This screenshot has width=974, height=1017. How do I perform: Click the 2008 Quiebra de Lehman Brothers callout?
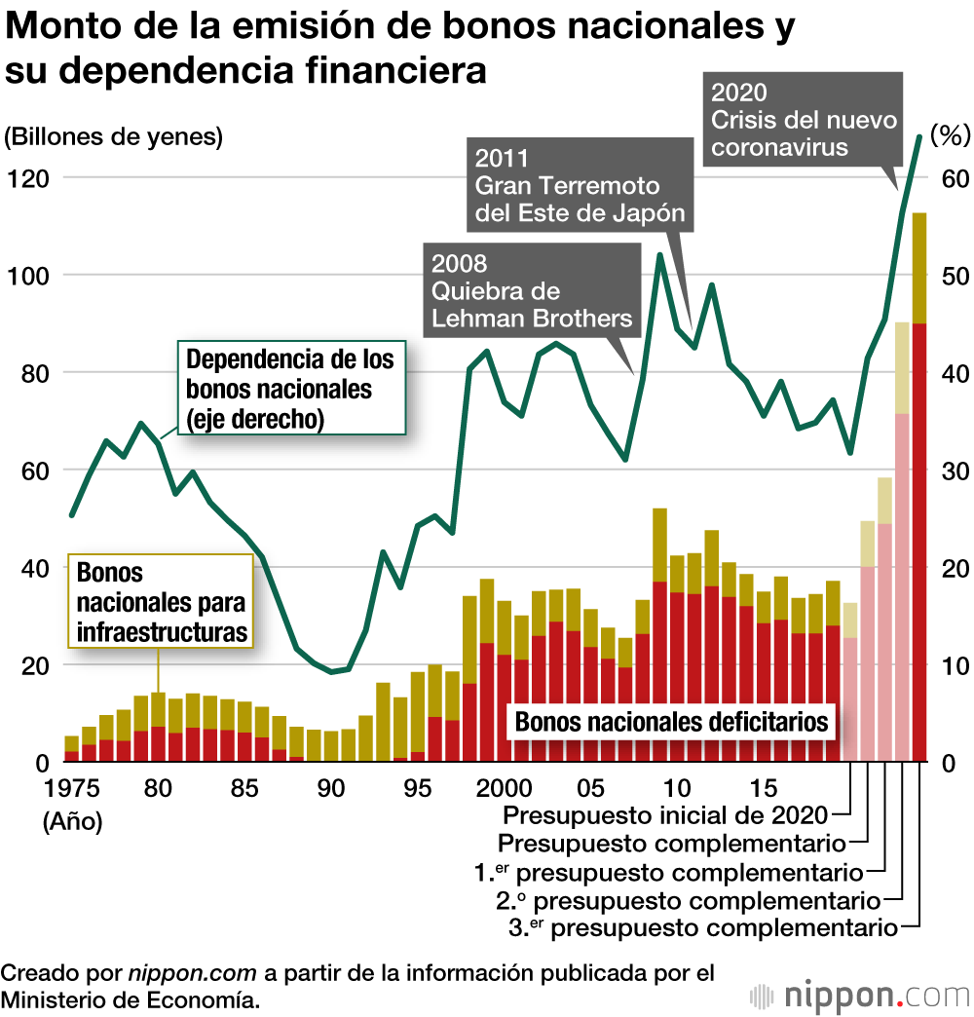(x=531, y=291)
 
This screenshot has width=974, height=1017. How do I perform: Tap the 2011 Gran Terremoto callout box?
(x=580, y=185)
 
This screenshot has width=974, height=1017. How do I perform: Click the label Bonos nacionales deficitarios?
(x=671, y=722)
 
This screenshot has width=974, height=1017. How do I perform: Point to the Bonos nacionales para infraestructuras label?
(x=162, y=602)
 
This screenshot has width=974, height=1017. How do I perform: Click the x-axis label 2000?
(x=505, y=787)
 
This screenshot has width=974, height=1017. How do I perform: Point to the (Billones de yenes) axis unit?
(x=114, y=137)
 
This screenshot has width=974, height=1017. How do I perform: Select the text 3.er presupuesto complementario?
(x=702, y=927)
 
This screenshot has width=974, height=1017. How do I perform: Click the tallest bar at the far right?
(x=918, y=487)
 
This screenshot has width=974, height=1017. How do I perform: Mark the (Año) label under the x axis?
(x=72, y=821)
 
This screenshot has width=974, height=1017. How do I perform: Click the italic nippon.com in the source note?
(x=192, y=973)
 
